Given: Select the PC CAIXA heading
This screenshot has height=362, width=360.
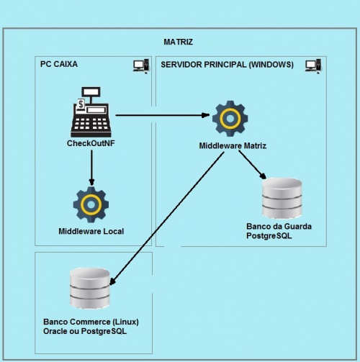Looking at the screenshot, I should click(x=59, y=65).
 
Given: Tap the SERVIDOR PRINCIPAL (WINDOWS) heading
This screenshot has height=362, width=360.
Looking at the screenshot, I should click(x=227, y=65).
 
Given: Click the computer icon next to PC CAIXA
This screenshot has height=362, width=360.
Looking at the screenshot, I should click(x=140, y=66).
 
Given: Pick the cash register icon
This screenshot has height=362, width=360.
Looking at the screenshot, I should click(x=91, y=113).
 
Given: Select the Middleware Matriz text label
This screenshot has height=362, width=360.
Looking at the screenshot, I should click(x=233, y=146).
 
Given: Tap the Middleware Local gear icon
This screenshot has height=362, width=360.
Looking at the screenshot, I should click(x=91, y=205).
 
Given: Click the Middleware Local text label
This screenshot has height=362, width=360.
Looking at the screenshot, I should click(x=91, y=232).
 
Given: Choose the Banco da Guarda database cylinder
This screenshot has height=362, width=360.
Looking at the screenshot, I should click(x=282, y=196).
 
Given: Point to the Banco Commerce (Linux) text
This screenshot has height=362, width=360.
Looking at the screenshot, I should click(x=90, y=321).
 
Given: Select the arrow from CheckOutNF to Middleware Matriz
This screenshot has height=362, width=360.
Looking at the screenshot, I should click(x=162, y=114).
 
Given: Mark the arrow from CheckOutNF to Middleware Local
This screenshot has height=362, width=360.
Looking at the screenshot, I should click(x=91, y=166).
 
